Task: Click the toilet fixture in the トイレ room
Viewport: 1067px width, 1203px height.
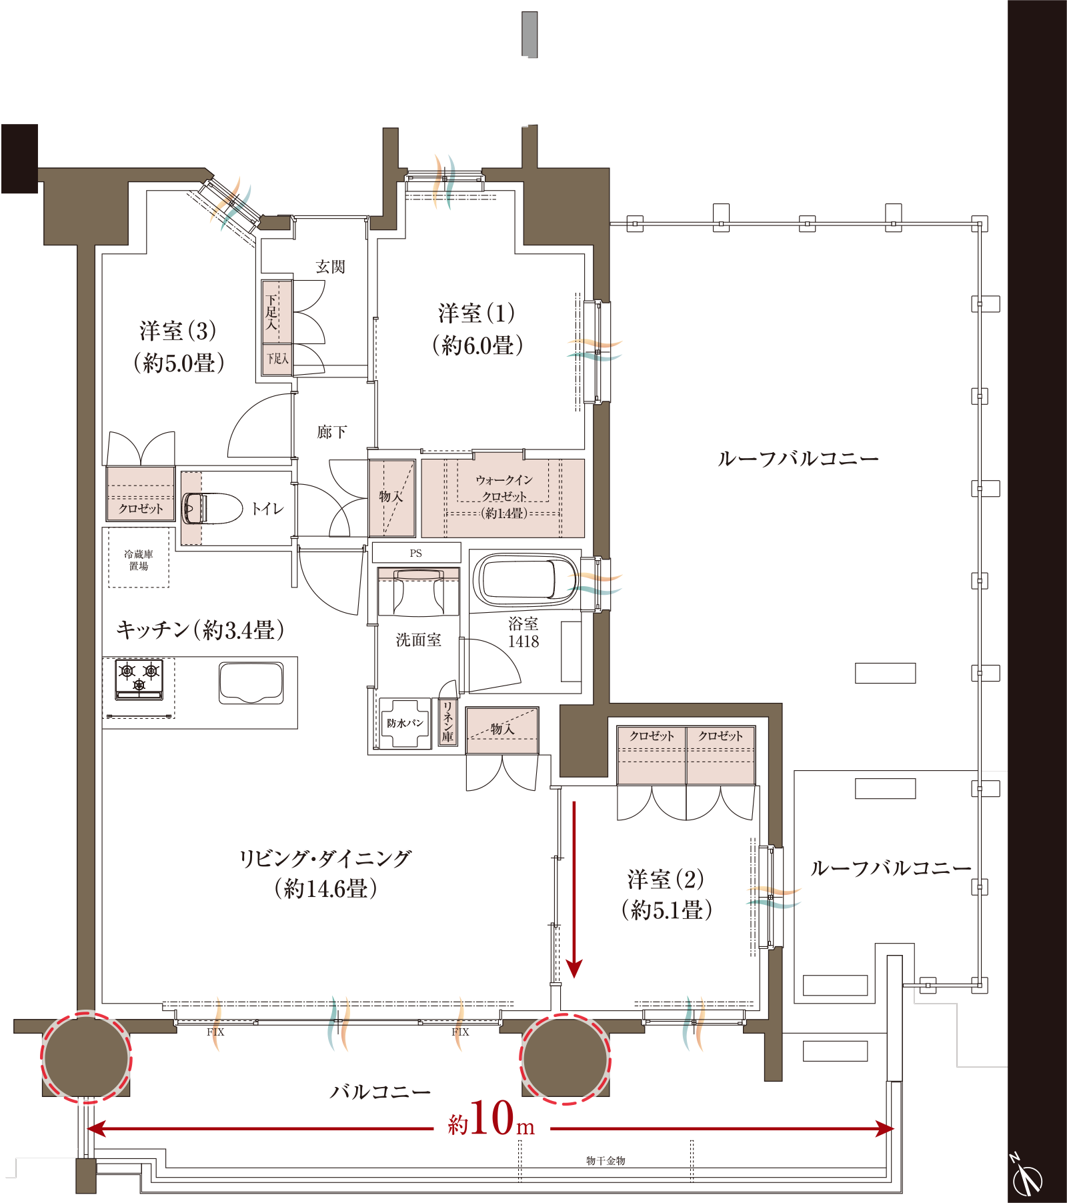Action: click(x=212, y=509)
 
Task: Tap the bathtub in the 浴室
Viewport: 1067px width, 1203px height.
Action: click(x=525, y=579)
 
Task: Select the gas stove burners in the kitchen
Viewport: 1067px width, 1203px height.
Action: click(x=139, y=679)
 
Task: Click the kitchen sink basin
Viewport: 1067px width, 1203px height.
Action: click(x=251, y=683)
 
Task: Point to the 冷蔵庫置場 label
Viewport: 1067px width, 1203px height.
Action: click(x=139, y=560)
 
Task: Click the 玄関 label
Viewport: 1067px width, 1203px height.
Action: click(x=330, y=267)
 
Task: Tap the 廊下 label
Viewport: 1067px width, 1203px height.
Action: click(x=331, y=432)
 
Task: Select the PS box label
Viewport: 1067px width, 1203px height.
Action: click(x=415, y=553)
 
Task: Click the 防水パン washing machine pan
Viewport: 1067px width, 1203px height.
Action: click(x=405, y=724)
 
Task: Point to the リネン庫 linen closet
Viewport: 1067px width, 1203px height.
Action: click(x=447, y=722)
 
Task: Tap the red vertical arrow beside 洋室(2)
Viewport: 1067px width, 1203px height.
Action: click(x=574, y=890)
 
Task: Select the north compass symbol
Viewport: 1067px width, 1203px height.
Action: click(x=1027, y=1176)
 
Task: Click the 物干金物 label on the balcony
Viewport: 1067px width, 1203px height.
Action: click(x=606, y=1161)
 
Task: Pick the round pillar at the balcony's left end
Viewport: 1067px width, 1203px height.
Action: click(x=86, y=1058)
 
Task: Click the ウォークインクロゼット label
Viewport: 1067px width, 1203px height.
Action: click(x=504, y=496)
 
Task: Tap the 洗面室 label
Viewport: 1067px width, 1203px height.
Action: click(x=418, y=640)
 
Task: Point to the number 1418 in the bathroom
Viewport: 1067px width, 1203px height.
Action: click(x=523, y=642)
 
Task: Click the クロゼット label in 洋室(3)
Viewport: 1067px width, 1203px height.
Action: click(x=141, y=509)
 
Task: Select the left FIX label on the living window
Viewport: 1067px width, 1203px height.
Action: click(x=215, y=1032)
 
